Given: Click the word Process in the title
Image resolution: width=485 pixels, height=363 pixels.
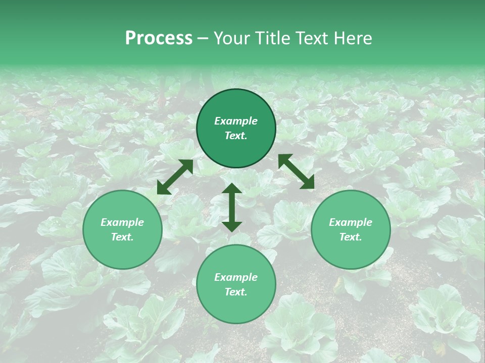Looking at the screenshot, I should [x=159, y=38].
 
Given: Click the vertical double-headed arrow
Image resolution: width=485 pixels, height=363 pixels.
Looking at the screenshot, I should [x=232, y=207].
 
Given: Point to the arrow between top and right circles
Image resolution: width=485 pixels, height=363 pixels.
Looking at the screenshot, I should [x=296, y=171].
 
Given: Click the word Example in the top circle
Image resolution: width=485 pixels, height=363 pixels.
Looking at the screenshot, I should [x=236, y=121].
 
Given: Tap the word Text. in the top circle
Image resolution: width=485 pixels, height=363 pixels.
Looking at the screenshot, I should [x=236, y=136].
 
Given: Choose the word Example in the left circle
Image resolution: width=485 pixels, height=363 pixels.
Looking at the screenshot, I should [x=122, y=222].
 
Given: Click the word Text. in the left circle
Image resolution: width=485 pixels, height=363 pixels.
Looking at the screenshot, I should [x=122, y=237].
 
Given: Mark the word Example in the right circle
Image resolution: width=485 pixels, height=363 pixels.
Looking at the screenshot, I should [x=351, y=222].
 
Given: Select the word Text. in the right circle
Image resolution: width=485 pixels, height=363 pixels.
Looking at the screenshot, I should [x=351, y=237].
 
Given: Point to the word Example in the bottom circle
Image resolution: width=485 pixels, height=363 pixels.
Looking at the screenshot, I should [x=236, y=277].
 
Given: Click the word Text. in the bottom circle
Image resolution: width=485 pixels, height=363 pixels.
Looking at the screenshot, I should [x=236, y=292].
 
